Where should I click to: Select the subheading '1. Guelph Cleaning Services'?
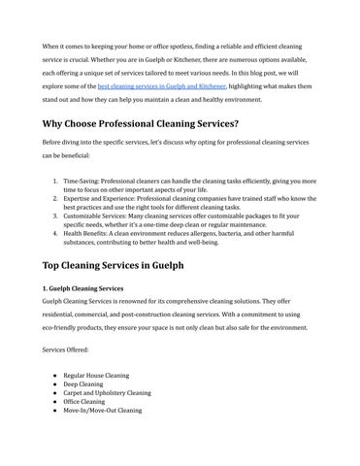pos(82,289)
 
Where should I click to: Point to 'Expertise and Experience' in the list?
pos(104,197)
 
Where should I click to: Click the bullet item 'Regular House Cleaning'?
pos(96,374)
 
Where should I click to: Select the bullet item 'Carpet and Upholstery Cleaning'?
pos(107,393)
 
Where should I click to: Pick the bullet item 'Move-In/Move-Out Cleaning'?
pos(103,412)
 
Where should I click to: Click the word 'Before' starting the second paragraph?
pos(52,142)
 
